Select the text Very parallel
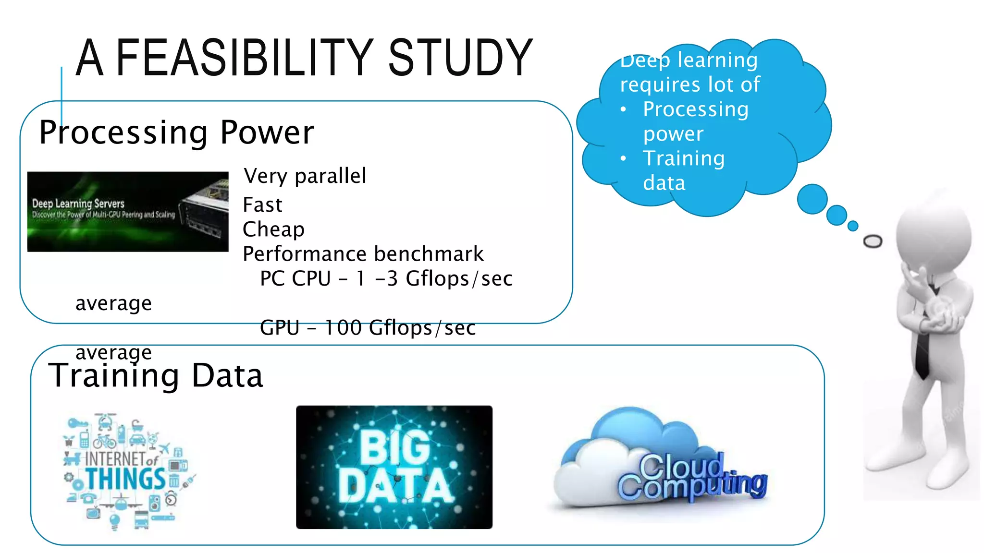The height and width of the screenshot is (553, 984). click(x=305, y=176)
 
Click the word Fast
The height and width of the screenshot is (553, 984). click(x=262, y=205)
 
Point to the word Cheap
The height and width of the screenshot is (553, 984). click(x=273, y=229)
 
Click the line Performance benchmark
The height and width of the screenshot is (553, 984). click(x=363, y=254)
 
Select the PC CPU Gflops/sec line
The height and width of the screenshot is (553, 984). click(x=386, y=278)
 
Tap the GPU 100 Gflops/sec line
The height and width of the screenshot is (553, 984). click(x=368, y=328)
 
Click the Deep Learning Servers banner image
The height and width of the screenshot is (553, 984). click(x=128, y=212)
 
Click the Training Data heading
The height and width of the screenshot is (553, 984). click(x=156, y=375)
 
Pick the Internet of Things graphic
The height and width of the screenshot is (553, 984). click(x=127, y=470)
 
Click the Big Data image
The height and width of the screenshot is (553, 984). click(x=394, y=467)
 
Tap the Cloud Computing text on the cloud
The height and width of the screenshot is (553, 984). click(x=692, y=478)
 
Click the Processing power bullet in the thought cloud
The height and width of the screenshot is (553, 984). click(x=695, y=121)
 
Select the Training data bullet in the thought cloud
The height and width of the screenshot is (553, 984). click(x=683, y=170)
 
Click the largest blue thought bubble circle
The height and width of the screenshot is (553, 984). click(x=812, y=199)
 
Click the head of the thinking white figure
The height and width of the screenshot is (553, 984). click(x=932, y=235)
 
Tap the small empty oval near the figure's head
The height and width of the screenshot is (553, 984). click(x=873, y=241)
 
